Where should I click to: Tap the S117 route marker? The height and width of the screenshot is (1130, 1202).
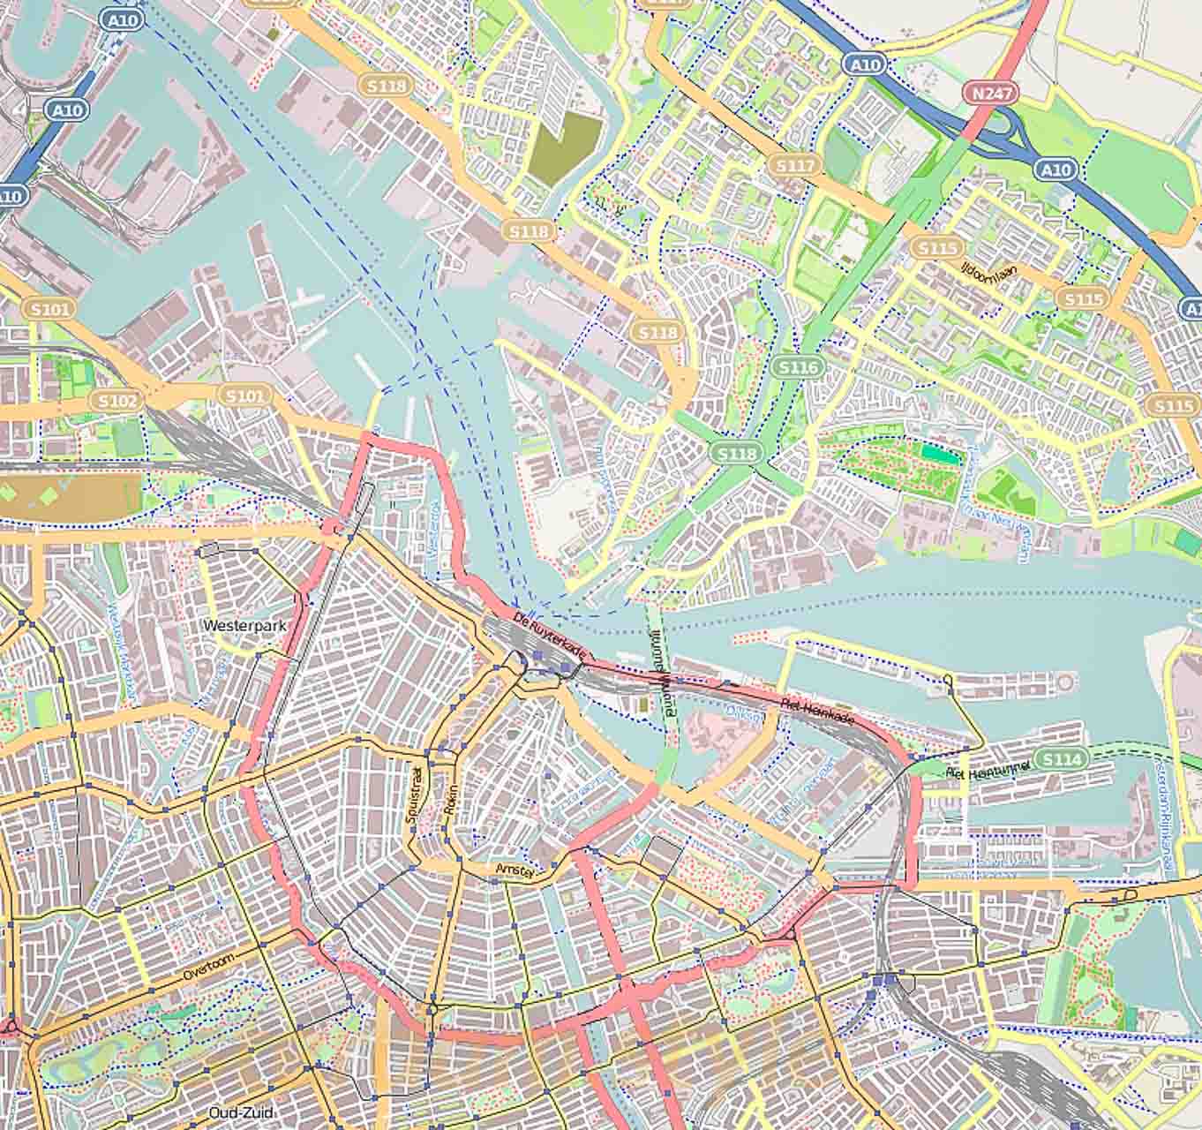pos(793,165)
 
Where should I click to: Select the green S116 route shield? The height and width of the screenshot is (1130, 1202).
pos(798,366)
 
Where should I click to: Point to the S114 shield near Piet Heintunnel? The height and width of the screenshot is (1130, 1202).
pos(1058,759)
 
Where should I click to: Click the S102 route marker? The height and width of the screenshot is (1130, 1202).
pos(117,402)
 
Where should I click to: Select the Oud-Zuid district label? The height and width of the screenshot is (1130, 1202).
pos(240,1112)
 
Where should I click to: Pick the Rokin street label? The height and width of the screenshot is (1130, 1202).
pos(452,803)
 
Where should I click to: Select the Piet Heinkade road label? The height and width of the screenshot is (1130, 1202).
pos(818,713)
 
